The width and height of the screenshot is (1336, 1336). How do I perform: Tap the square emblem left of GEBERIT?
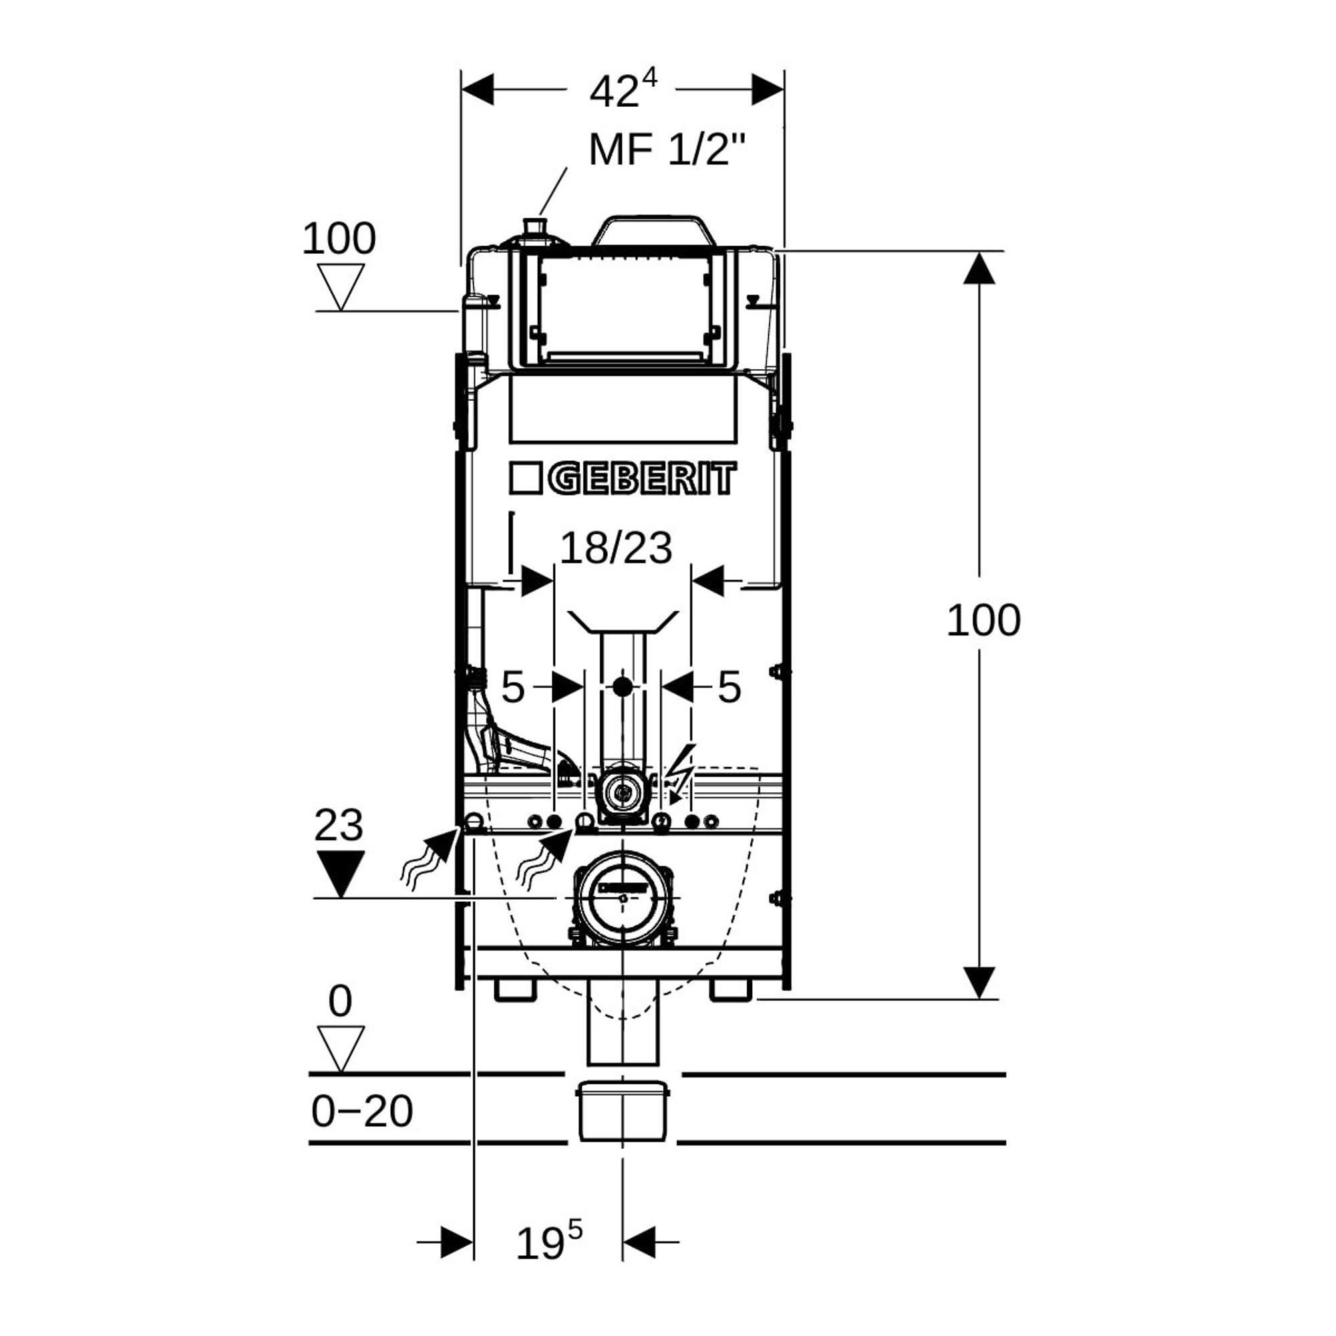525,478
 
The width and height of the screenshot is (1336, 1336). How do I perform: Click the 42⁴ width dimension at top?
623,90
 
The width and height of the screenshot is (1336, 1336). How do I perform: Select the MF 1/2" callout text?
668,150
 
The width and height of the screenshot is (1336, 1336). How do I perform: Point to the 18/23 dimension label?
615,548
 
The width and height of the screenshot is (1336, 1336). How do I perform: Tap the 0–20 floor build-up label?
361,1112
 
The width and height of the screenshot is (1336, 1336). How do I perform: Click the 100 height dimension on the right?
983,620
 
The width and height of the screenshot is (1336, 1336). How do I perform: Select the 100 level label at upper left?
339,238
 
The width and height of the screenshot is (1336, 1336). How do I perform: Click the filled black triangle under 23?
340,874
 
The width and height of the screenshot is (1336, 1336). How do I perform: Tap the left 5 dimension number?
512,687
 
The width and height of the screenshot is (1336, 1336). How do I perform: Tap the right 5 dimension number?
729,687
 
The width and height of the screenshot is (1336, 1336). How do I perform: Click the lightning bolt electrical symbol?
683,773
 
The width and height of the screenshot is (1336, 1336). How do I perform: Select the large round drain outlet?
623,898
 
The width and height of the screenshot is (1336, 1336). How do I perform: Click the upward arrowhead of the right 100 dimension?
979,269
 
